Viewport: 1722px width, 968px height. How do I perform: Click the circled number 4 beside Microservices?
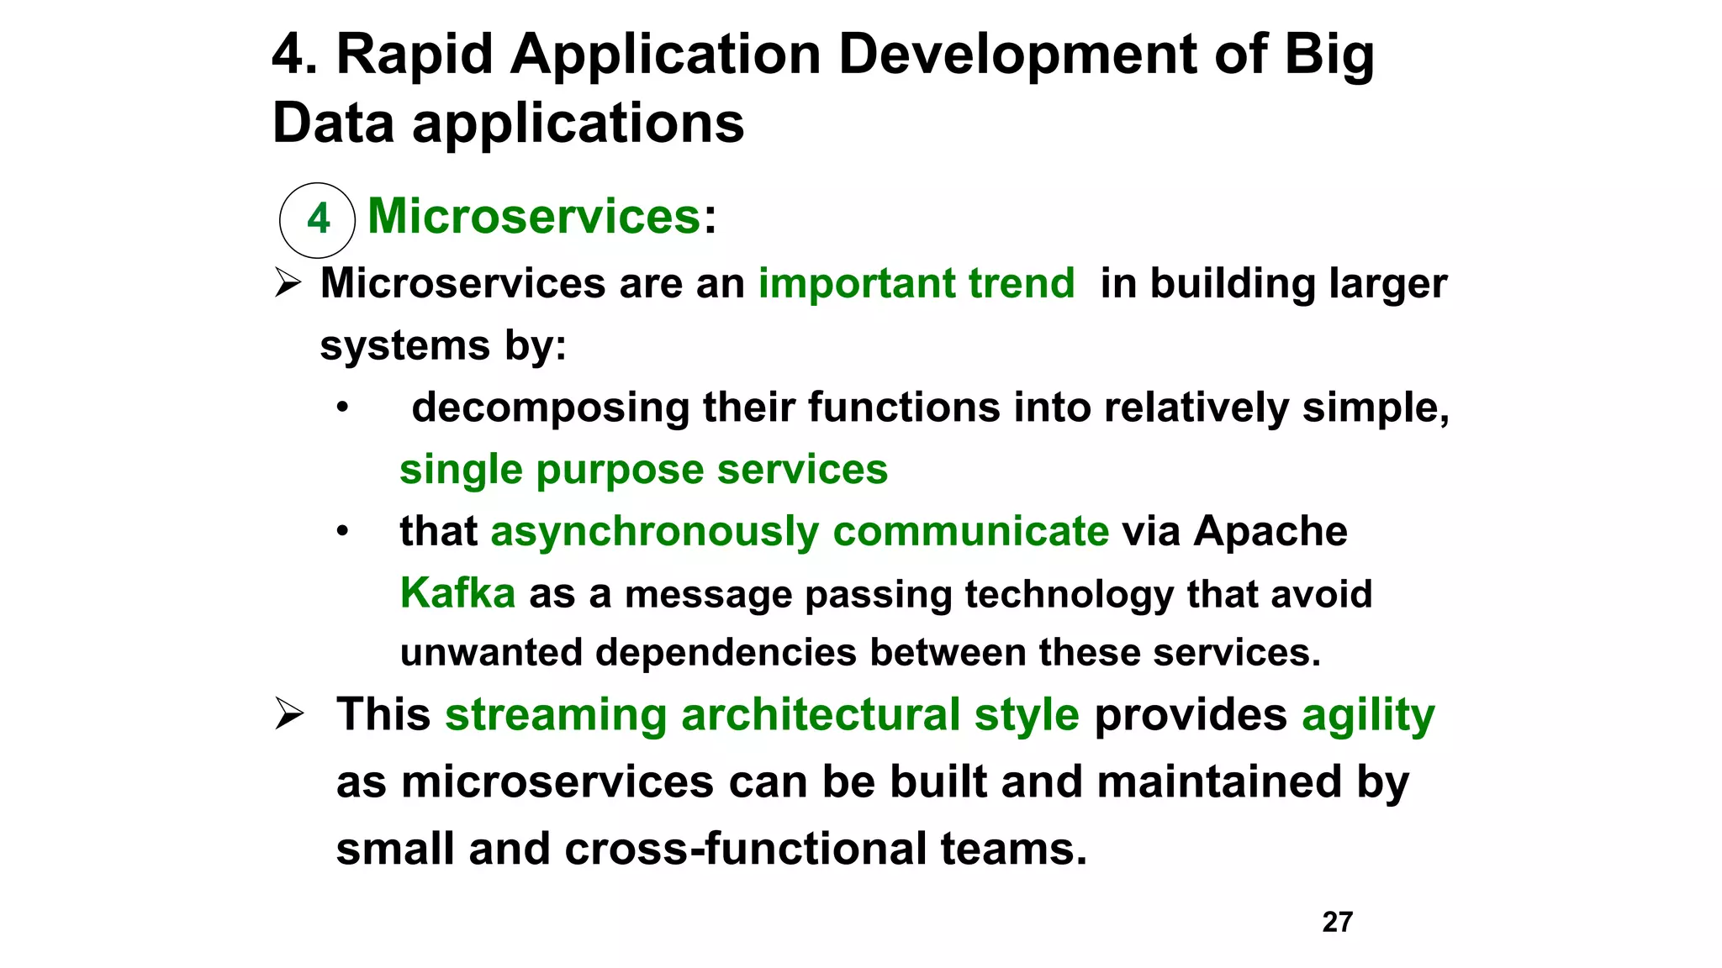[318, 220]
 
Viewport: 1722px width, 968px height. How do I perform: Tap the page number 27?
[1337, 922]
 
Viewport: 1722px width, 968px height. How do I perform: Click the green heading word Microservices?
[534, 216]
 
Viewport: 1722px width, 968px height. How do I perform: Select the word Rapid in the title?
[415, 55]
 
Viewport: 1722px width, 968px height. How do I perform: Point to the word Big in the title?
[1329, 55]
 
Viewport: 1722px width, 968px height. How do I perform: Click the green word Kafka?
[457, 593]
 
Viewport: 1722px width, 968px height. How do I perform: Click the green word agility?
[1368, 716]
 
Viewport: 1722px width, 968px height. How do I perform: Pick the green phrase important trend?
[916, 283]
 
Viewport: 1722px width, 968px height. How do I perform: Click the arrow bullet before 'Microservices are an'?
[288, 283]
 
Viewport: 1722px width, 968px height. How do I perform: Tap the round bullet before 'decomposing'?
[342, 408]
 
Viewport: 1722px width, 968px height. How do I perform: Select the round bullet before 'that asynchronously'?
[342, 532]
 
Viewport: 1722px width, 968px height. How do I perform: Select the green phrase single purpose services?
[643, 470]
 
